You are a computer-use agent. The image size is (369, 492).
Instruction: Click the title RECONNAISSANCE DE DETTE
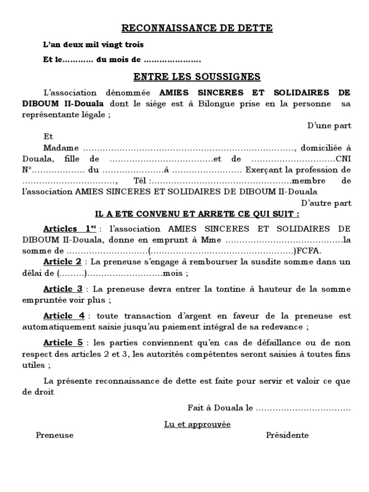(197, 29)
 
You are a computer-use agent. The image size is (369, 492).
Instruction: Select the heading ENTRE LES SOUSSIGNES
(197, 76)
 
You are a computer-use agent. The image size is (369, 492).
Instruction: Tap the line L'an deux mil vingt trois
(93, 45)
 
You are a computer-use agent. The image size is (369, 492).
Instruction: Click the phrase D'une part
(330, 126)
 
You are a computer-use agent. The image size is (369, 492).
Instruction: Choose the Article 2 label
(62, 262)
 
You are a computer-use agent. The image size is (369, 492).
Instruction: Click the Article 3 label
(63, 289)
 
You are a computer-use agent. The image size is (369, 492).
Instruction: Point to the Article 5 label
(63, 343)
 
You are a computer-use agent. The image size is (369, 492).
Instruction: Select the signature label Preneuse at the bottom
(55, 435)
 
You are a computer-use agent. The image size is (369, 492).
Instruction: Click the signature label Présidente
(287, 435)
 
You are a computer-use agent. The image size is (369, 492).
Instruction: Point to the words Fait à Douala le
(220, 408)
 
